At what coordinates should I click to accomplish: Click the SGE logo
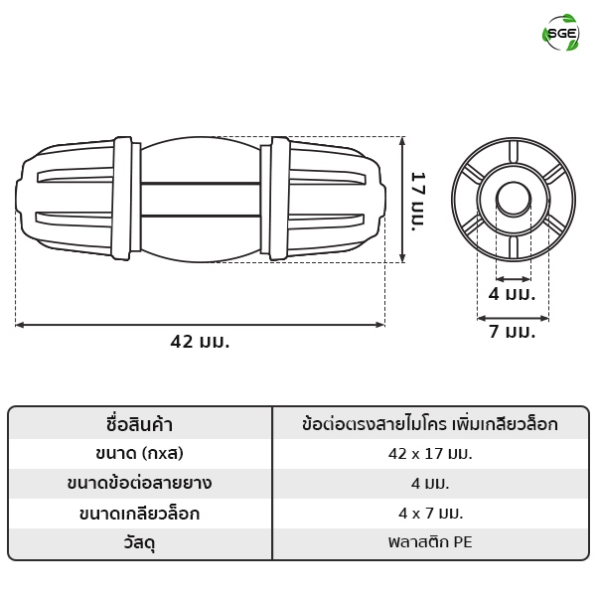coord(560,33)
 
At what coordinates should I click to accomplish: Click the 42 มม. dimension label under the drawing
coord(200,342)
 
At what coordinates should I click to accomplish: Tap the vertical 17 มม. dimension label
coord(418,202)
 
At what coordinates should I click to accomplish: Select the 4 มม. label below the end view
coord(512,294)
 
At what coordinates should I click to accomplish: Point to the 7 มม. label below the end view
coord(512,331)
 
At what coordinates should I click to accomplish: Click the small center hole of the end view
coord(514,200)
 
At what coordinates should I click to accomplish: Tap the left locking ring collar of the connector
coord(121,198)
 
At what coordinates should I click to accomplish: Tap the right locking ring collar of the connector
coord(280,199)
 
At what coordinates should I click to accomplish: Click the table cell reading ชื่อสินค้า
coord(139,424)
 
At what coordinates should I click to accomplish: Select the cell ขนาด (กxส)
coord(139,454)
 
